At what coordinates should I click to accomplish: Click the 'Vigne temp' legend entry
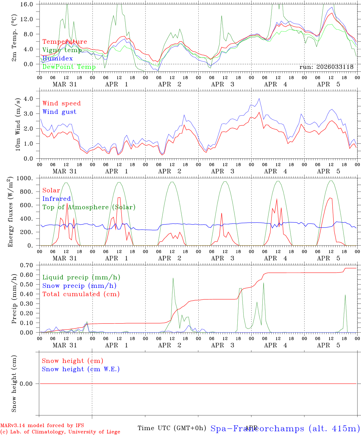tap(62, 50)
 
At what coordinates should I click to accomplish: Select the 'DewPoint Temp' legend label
tap(69, 67)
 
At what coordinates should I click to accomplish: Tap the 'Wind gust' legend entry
tap(59, 112)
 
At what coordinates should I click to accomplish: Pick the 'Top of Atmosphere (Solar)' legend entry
tap(89, 207)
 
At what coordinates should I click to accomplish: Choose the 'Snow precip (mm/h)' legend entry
tap(79, 286)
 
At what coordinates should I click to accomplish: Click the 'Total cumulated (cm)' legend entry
tap(81, 294)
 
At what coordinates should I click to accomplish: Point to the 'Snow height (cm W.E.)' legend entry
tap(81, 369)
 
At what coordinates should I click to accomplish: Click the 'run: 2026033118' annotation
tap(326, 67)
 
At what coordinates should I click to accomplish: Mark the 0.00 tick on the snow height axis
tap(26, 384)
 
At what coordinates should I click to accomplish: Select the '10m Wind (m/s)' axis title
tap(18, 124)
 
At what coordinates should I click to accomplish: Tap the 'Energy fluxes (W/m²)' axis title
tap(11, 211)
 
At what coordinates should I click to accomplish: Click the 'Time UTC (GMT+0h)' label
tap(172, 428)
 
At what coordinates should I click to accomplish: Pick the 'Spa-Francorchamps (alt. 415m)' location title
tap(285, 428)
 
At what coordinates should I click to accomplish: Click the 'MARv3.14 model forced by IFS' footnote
tap(42, 426)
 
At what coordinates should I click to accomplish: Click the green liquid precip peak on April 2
tap(173, 278)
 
